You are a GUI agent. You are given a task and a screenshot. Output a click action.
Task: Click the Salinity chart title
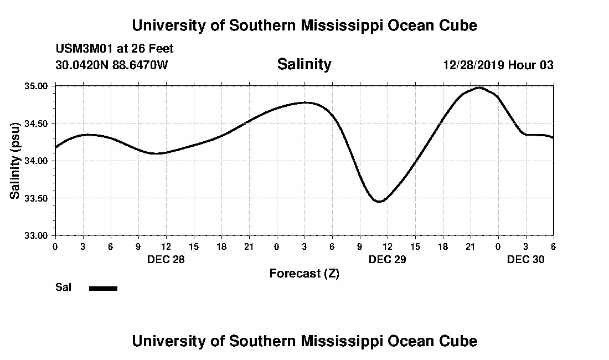(304, 64)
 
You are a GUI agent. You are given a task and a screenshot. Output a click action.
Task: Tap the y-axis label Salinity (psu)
(15, 161)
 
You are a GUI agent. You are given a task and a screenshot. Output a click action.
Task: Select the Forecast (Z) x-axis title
(304, 273)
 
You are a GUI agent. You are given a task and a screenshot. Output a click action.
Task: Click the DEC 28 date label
(166, 259)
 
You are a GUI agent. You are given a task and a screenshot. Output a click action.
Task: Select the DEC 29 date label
(387, 259)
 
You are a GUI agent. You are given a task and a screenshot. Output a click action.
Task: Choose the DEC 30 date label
(525, 259)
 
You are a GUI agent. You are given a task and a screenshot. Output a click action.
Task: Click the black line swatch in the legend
(104, 288)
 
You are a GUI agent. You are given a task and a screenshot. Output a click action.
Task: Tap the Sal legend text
(63, 287)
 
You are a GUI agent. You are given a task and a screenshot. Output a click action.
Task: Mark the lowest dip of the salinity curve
(379, 202)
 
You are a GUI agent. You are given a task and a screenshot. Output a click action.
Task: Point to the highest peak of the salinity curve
(479, 88)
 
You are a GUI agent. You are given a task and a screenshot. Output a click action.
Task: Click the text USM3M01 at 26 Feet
(114, 49)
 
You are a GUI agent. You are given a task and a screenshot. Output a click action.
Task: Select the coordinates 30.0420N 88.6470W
(111, 65)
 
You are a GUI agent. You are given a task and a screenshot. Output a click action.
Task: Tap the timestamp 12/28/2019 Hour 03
(498, 65)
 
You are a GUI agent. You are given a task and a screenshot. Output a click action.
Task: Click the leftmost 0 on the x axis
(55, 246)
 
